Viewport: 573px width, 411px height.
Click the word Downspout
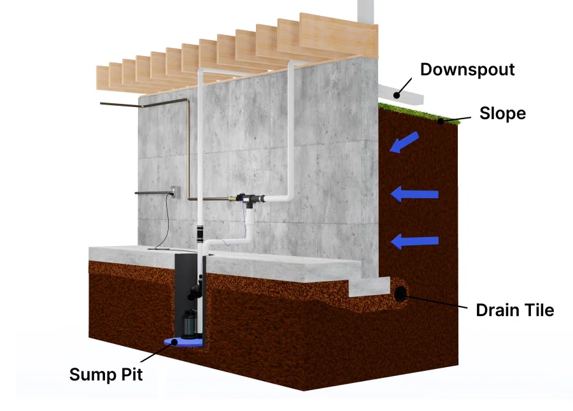click(x=467, y=69)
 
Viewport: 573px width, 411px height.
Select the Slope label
click(x=502, y=113)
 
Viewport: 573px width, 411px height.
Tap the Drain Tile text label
click(x=515, y=310)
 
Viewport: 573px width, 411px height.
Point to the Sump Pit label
click(x=106, y=373)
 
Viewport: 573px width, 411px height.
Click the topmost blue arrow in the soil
click(x=404, y=142)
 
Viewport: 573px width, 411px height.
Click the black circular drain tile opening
click(x=402, y=294)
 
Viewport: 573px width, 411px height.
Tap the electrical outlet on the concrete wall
click(x=176, y=190)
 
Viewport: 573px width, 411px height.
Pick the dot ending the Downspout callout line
click(x=396, y=96)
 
